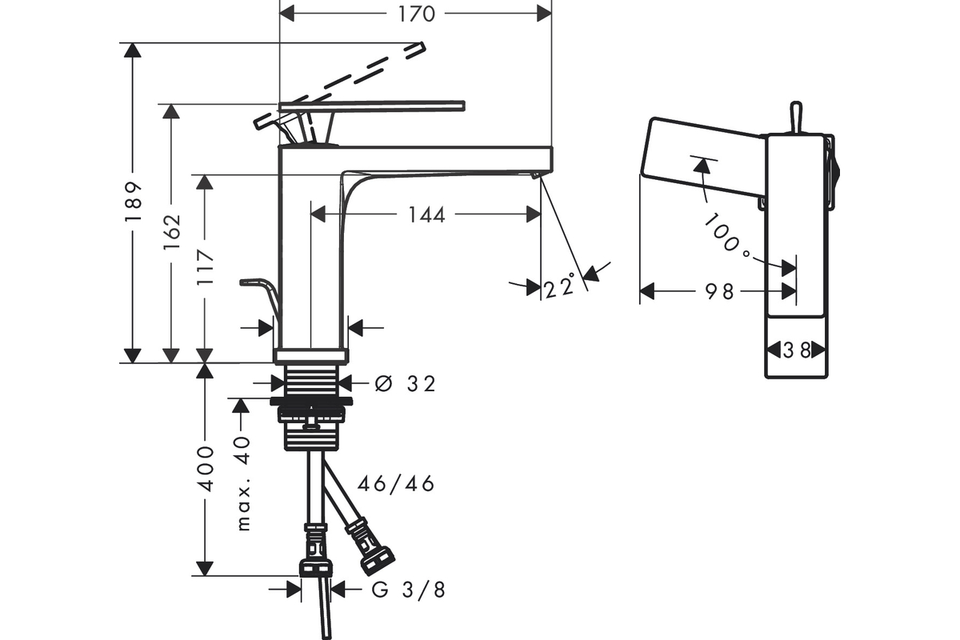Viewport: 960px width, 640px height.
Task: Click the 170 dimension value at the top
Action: point(415,14)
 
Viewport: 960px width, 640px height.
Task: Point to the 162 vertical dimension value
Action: point(172,233)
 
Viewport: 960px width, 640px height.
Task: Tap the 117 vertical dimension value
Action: point(206,269)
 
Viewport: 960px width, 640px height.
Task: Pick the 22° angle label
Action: point(559,286)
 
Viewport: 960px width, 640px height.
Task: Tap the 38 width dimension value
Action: point(796,350)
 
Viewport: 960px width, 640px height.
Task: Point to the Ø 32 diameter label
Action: point(406,384)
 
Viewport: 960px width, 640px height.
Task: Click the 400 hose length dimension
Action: point(206,469)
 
